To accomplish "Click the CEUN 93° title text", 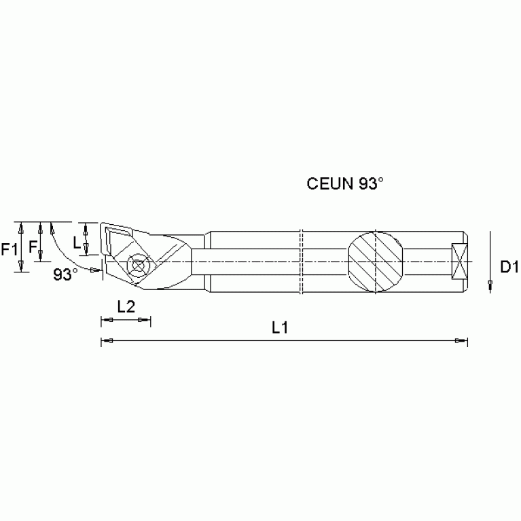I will [345, 183].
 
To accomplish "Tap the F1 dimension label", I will [10, 249].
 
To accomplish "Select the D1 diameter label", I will [509, 267].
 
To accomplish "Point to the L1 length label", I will [281, 327].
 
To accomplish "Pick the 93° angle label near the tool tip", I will [66, 275].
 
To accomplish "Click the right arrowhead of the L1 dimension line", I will [461, 340].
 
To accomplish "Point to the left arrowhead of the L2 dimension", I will [108, 320].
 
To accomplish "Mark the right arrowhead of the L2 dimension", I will [142, 320].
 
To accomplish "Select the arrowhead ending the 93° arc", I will [94, 270].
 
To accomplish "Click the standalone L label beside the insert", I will [77, 242].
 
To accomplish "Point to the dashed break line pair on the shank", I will [302, 262].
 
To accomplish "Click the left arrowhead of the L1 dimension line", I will [108, 340].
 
